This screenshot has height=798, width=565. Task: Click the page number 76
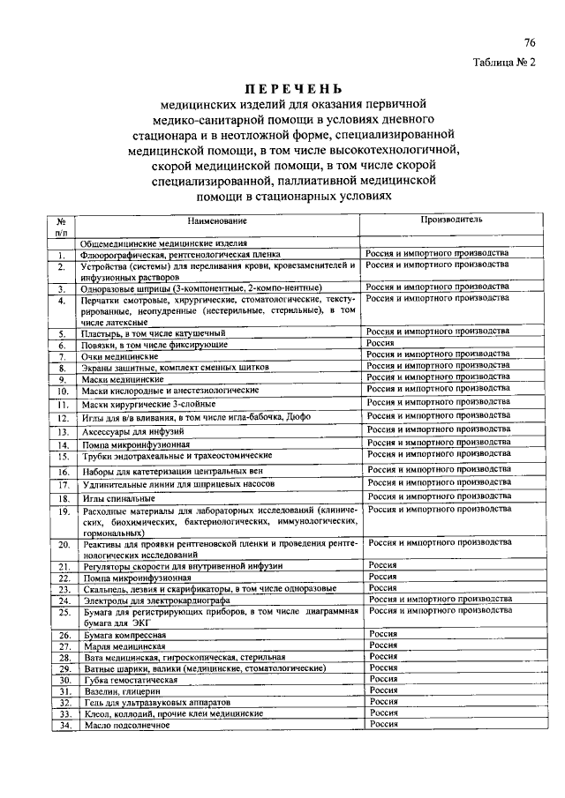tap(529, 42)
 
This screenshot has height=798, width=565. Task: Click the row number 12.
tap(63, 418)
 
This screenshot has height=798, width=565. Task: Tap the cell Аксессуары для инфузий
tap(132, 433)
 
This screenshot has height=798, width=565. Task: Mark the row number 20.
tap(63, 545)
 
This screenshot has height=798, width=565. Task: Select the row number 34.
tap(63, 726)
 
